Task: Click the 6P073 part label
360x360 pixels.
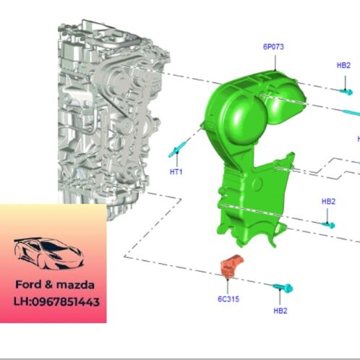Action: point(274,47)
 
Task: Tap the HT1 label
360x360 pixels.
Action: point(176,171)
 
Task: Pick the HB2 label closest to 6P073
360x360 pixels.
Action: point(344,66)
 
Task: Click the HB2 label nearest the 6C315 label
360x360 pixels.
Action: point(281,311)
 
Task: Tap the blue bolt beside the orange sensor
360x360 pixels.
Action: point(283,288)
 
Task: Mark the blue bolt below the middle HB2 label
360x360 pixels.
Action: point(330,223)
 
